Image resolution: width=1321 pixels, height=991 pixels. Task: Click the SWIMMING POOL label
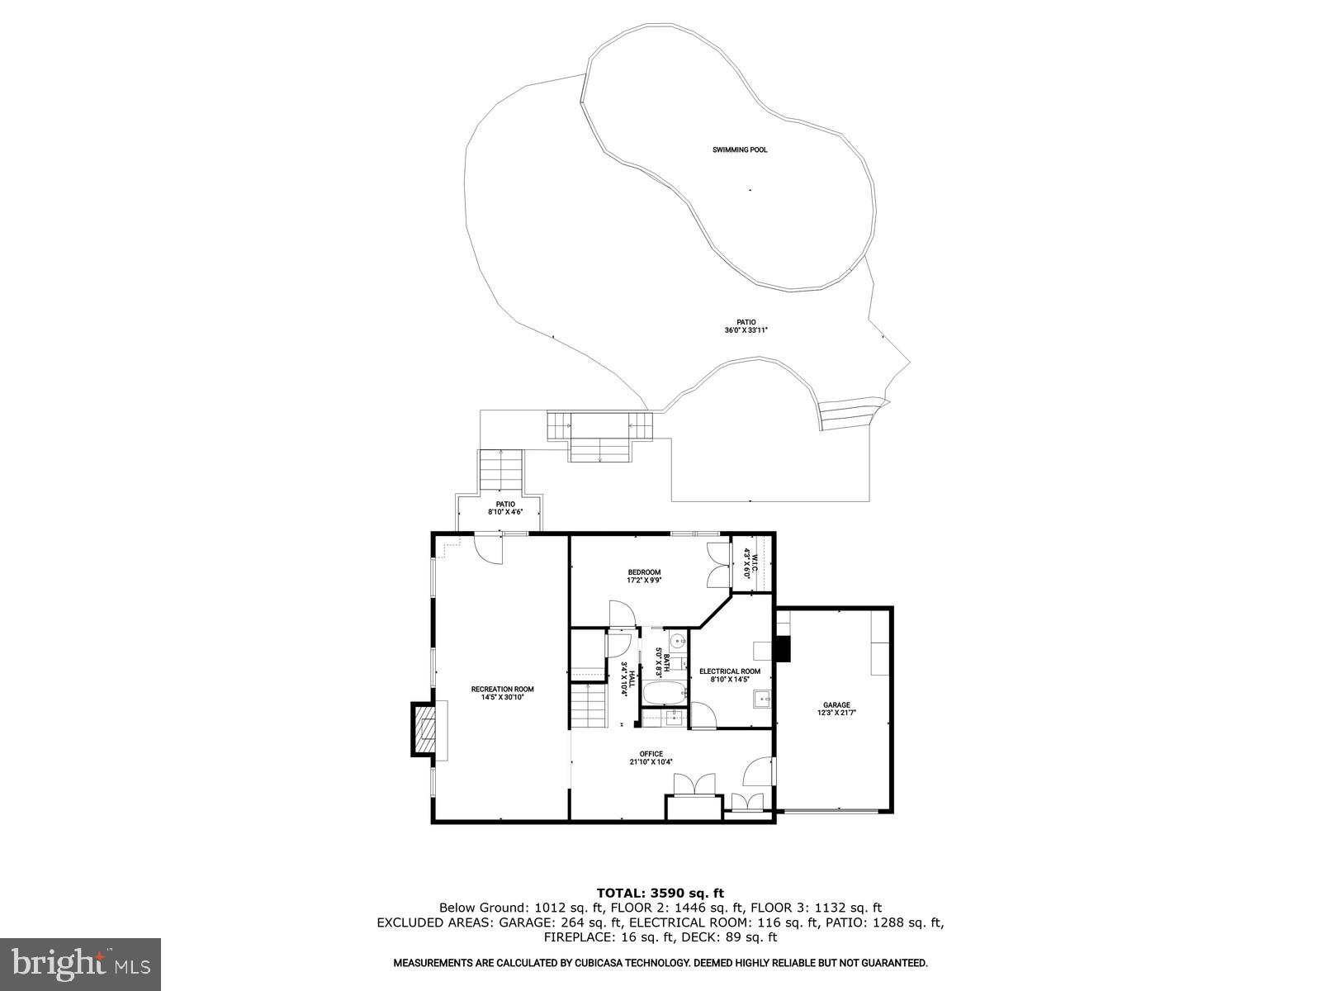[x=740, y=150]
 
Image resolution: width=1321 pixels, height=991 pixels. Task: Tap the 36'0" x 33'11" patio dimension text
[x=735, y=330]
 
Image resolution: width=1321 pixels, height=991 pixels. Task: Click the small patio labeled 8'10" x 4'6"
[x=505, y=508]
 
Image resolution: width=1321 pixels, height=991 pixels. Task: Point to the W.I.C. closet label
[x=747, y=562]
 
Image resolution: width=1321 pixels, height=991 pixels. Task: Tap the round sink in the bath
[x=677, y=641]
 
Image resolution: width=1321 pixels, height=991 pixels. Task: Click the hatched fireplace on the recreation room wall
[x=424, y=730]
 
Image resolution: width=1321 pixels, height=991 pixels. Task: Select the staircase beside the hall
[x=588, y=706]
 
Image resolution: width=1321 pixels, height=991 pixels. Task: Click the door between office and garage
[x=757, y=772]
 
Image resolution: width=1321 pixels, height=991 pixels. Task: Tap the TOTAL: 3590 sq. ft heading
[x=660, y=893]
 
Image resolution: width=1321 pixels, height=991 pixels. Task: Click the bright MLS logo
[x=80, y=964]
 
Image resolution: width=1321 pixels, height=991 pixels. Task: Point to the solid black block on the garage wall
[x=783, y=648]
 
